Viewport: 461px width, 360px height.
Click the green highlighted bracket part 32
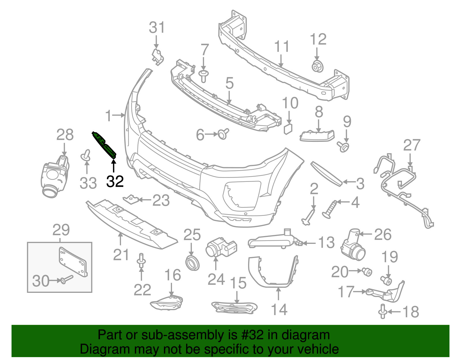(x=104, y=145)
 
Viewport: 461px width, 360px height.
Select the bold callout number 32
(x=115, y=182)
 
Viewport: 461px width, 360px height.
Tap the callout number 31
(x=157, y=27)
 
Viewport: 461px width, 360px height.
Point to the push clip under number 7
(x=204, y=76)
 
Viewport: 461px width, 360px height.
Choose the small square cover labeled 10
(x=288, y=129)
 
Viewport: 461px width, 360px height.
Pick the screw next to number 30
(x=67, y=279)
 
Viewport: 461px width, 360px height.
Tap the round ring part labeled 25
(x=192, y=263)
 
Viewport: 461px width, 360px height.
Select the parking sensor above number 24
(x=221, y=248)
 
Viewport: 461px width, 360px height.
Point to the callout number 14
(x=279, y=310)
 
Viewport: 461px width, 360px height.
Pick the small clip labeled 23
(x=131, y=199)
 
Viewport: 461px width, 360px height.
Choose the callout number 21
(x=121, y=255)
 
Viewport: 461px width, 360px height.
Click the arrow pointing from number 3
(x=349, y=182)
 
